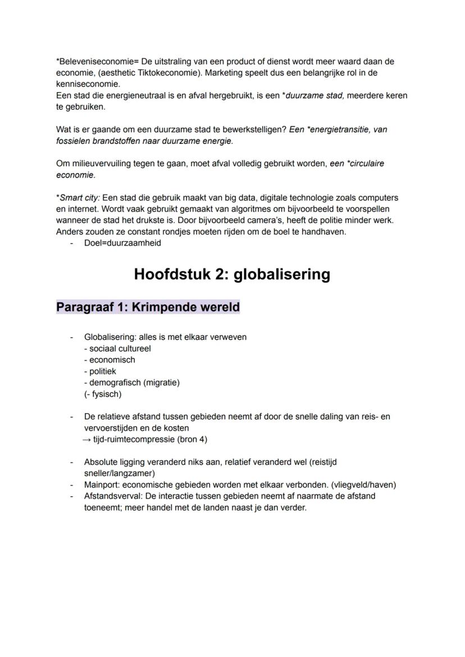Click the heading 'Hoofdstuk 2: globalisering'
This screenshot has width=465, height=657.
(x=232, y=274)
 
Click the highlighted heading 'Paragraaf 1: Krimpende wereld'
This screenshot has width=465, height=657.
(x=148, y=307)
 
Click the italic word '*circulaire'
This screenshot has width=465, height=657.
(x=364, y=164)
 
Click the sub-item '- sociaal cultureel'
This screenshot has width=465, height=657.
(x=117, y=348)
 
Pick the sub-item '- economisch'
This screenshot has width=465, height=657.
(x=110, y=360)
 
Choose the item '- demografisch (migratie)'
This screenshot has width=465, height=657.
(x=131, y=383)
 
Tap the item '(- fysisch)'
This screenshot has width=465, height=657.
(x=102, y=394)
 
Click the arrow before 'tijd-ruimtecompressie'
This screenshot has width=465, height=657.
(x=87, y=439)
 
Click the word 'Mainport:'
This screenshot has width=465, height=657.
(x=102, y=485)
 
